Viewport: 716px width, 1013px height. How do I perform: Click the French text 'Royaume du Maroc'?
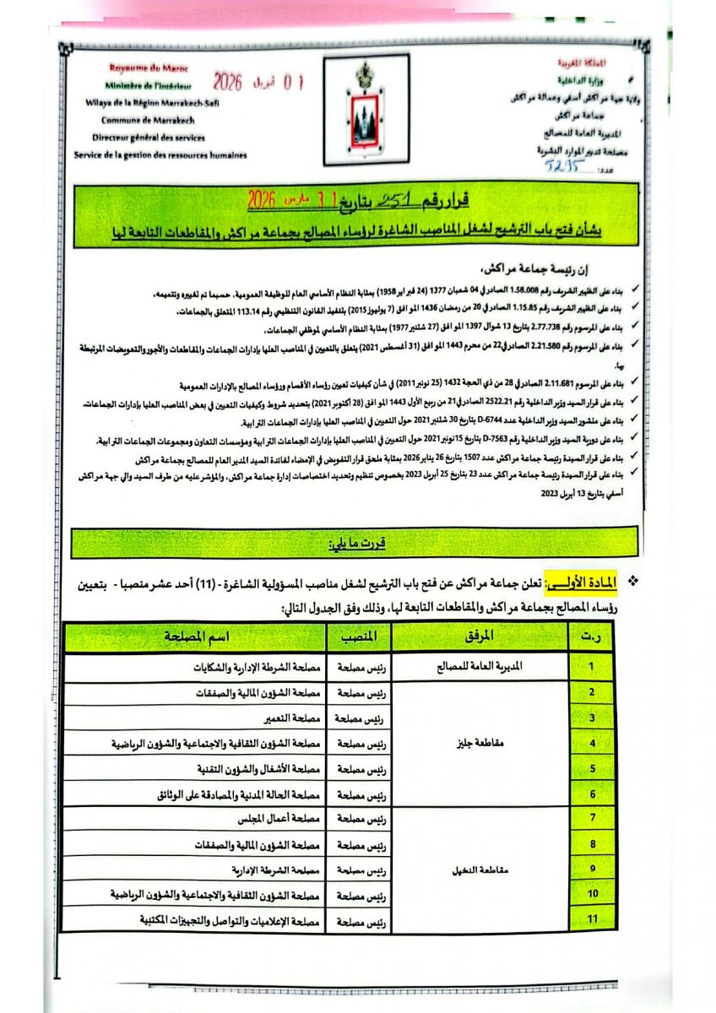[149, 68]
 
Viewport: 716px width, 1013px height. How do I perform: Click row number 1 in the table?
[593, 666]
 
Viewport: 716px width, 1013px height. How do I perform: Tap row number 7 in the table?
[593, 818]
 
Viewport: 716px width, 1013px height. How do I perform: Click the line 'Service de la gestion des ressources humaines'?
[160, 155]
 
